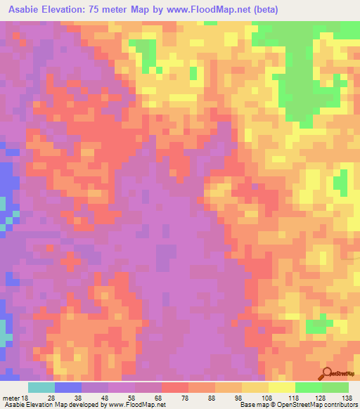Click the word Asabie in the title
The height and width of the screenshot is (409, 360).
[29, 10]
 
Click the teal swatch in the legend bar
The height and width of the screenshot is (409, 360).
[41, 387]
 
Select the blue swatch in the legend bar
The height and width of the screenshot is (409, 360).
[68, 387]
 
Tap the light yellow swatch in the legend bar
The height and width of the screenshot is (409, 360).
[281, 387]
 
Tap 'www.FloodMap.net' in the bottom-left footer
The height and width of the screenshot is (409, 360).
[134, 405]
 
